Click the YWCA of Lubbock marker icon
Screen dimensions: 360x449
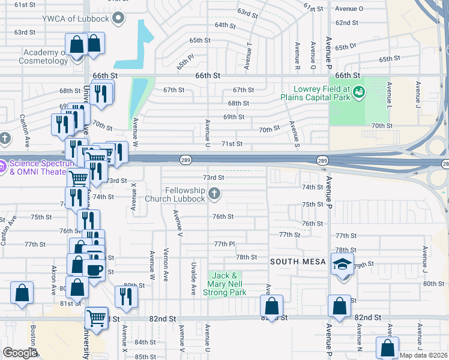pyautogui.click(x=118, y=17)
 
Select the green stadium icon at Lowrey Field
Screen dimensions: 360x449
pyautogui.click(x=359, y=92)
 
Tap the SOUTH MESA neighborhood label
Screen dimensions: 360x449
pyautogui.click(x=298, y=262)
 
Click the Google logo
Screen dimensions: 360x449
pyautogui.click(x=20, y=353)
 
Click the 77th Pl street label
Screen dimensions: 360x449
pyautogui.click(x=224, y=244)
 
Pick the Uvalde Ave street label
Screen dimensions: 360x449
pyautogui.click(x=193, y=278)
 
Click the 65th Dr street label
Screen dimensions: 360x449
pyautogui.click(x=346, y=47)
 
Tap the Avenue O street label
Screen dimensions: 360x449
pyautogui.click(x=349, y=8)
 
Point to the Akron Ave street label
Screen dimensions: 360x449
pyautogui.click(x=54, y=280)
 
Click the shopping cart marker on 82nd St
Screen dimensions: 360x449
pyautogui.click(x=95, y=318)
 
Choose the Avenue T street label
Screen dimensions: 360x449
pyautogui.click(x=248, y=52)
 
